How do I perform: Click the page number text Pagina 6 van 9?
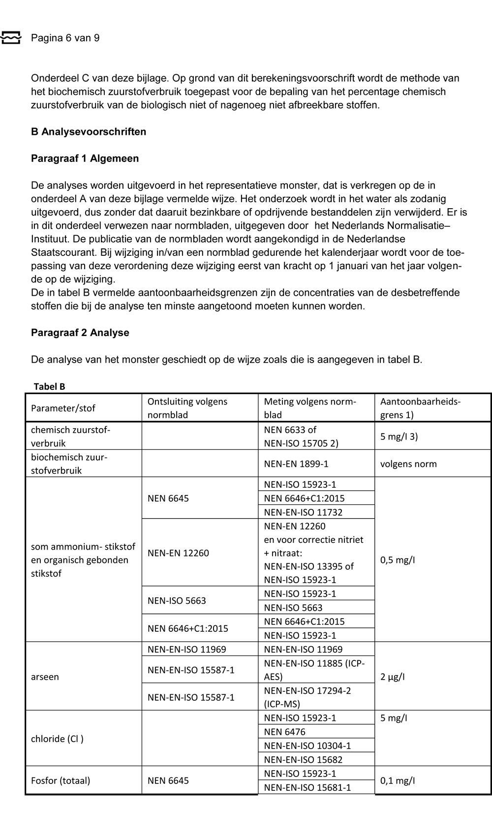coord(65,38)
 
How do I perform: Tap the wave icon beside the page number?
coord(11,38)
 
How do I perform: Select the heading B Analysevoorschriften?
coord(89,131)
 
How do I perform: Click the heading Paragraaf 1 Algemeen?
coord(85,158)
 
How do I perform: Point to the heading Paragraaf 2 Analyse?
coord(80,333)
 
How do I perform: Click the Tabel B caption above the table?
coord(49,386)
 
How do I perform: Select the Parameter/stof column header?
coord(63,408)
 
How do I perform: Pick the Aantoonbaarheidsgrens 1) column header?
coord(420,408)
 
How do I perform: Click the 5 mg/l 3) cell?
coord(399,436)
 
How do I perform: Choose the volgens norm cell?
coord(408,464)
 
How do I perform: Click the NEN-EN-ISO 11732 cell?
coord(303,512)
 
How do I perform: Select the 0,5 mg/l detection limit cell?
coord(398,559)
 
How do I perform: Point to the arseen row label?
coord(45,677)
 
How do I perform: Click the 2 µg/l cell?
coord(393,677)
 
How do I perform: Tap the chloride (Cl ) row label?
coord(57,739)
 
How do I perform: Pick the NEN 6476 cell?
coord(284,732)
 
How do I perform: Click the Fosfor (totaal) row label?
coord(61,780)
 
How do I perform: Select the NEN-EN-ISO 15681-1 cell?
coord(307,787)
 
